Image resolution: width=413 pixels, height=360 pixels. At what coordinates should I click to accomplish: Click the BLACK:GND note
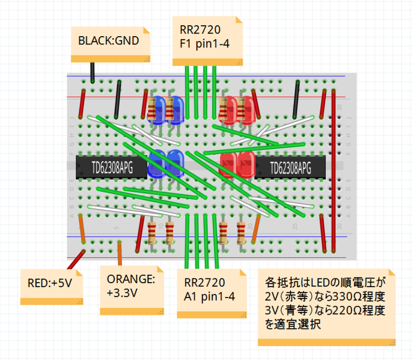pos(110,44)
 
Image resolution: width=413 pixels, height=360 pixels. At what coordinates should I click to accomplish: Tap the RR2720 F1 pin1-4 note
pos(208,41)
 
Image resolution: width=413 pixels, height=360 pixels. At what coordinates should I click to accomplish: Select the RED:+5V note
pos(52,287)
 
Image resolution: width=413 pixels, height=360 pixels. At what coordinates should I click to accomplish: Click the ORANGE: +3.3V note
pos(132,290)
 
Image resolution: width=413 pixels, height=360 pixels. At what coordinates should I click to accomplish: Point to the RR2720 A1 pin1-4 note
pos(212,293)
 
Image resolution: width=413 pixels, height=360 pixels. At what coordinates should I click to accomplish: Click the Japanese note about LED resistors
pos(327,307)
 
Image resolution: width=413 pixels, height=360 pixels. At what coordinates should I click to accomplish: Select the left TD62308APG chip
pos(112,167)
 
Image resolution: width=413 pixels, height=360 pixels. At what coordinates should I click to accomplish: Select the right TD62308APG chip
pos(290,167)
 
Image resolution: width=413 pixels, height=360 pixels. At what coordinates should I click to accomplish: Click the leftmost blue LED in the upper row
pos(157,110)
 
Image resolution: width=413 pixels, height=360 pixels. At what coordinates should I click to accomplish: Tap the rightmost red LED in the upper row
pos(247,110)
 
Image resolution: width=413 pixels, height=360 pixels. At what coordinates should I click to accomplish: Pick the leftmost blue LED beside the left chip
pos(156,164)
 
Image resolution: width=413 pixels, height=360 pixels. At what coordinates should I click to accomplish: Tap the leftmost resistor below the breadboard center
pos(152,233)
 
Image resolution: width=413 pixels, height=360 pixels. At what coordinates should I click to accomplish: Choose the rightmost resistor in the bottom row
pos(241,233)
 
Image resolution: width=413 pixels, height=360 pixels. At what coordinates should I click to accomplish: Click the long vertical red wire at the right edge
pos(333,171)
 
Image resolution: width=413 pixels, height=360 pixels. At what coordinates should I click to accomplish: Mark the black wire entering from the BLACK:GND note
pos(92,73)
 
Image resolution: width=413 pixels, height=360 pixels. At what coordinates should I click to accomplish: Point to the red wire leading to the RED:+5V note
pos(76,260)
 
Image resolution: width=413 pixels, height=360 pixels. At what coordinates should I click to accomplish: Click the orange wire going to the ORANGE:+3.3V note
pos(120,254)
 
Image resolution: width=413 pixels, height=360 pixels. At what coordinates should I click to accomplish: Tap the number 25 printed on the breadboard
pos(295,226)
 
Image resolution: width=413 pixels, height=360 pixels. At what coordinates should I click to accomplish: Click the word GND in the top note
pos(127,41)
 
